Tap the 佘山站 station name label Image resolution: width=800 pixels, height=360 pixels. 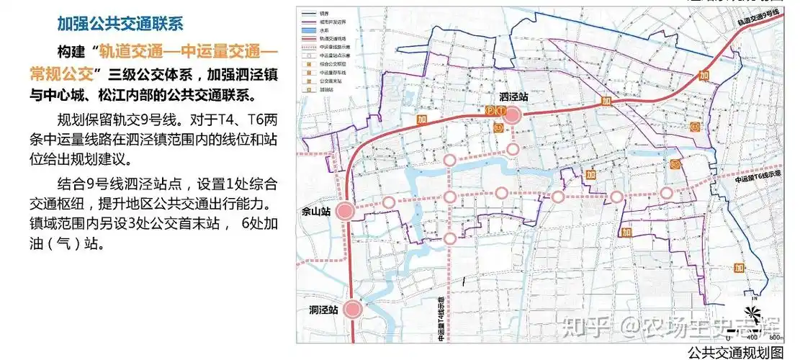[317, 212]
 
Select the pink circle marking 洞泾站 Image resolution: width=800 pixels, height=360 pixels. [352, 310]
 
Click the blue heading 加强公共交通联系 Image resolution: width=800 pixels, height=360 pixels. [120, 23]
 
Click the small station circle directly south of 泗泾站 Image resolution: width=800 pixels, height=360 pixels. [512, 149]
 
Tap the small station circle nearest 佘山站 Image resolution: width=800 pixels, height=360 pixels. [389, 203]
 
